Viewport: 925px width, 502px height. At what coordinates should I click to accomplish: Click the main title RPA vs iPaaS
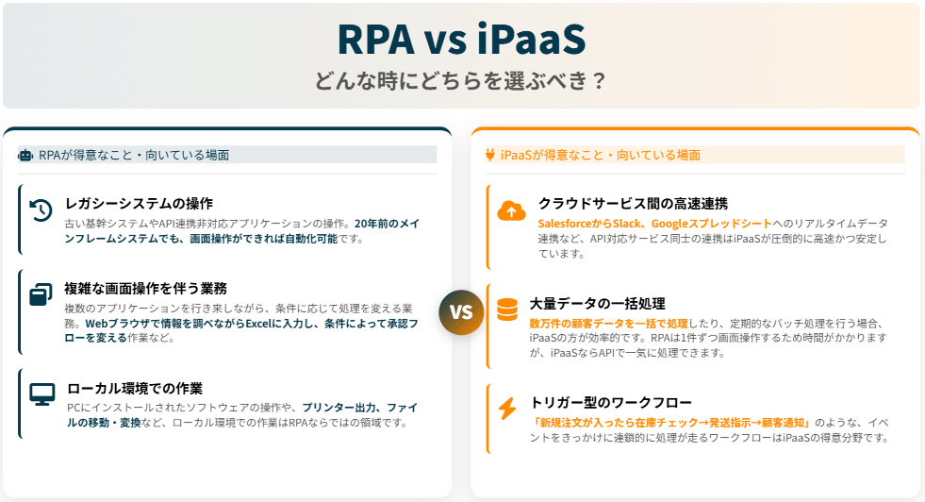[x=461, y=40]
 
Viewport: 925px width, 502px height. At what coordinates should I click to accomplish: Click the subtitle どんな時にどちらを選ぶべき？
[x=461, y=80]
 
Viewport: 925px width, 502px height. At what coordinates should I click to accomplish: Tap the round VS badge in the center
[x=461, y=312]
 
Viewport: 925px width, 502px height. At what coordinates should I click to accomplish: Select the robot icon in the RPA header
[x=25, y=155]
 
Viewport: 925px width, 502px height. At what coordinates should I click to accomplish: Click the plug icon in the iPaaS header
[x=489, y=155]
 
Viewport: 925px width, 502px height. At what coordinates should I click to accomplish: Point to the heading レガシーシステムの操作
[x=139, y=203]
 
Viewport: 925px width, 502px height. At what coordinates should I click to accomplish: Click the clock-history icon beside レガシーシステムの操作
[x=41, y=210]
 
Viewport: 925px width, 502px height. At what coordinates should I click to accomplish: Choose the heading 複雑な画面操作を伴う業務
[x=145, y=288]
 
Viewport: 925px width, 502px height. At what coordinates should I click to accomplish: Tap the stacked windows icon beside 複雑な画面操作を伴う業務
[x=41, y=294]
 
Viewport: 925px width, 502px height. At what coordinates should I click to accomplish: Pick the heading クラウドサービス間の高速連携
[x=633, y=203]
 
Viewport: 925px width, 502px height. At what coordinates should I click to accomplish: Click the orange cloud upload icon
[x=511, y=210]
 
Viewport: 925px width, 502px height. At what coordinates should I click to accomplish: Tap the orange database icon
[x=507, y=310]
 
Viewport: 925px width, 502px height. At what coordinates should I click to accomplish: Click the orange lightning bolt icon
[x=507, y=409]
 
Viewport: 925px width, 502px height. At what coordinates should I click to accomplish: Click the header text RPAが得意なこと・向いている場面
[x=134, y=155]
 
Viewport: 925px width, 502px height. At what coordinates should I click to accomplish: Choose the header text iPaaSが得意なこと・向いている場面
[x=600, y=155]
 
